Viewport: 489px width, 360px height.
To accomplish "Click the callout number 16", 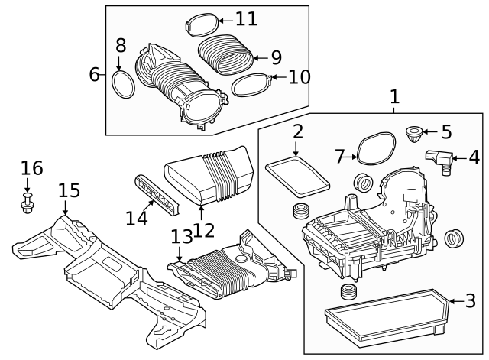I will click(31, 168).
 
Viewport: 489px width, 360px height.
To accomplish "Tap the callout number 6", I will click(94, 74).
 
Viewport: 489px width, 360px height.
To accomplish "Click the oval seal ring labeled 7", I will click(376, 150).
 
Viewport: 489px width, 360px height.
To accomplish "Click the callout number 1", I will click(394, 98).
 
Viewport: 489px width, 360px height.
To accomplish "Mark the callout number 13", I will click(181, 238).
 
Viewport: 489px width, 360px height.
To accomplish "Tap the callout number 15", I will click(68, 190).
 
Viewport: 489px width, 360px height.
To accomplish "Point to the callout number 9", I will click(275, 57).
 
